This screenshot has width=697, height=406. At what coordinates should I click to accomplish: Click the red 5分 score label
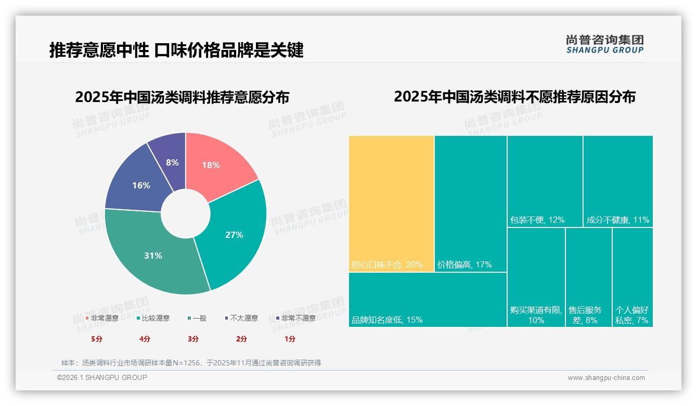pyautogui.click(x=97, y=339)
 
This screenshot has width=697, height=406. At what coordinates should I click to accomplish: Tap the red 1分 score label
pyautogui.click(x=290, y=339)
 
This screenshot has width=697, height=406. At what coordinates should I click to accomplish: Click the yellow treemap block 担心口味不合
pyautogui.click(x=391, y=203)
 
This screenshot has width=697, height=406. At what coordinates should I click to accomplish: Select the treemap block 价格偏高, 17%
pyautogui.click(x=470, y=203)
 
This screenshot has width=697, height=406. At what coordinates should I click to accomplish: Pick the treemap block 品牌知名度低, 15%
pyautogui.click(x=428, y=299)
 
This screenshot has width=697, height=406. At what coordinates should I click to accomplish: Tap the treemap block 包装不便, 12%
pyautogui.click(x=545, y=181)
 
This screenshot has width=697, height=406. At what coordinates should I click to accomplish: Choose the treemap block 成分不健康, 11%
pyautogui.click(x=618, y=181)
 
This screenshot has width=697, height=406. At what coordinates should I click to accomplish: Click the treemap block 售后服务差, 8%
pyautogui.click(x=588, y=277)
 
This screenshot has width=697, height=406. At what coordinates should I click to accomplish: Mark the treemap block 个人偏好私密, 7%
pyautogui.click(x=633, y=277)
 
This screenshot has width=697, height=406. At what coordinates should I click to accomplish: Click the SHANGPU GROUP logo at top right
pyautogui.click(x=604, y=44)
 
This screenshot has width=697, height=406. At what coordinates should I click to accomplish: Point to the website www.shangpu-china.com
pyautogui.click(x=606, y=378)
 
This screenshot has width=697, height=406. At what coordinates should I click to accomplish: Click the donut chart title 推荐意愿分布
pyautogui.click(x=182, y=97)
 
